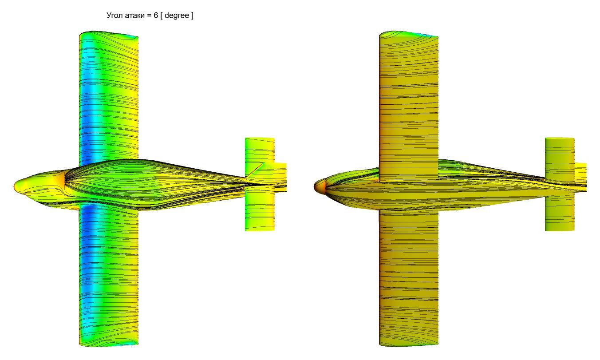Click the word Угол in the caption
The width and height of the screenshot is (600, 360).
pyautogui.click(x=115, y=16)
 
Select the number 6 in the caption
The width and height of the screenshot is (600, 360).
pyautogui.click(x=156, y=15)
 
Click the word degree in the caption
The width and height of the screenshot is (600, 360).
pyautogui.click(x=177, y=16)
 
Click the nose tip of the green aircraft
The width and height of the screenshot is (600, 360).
pyautogui.click(x=15, y=186)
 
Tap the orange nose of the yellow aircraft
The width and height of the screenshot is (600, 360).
pyautogui.click(x=319, y=186)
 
